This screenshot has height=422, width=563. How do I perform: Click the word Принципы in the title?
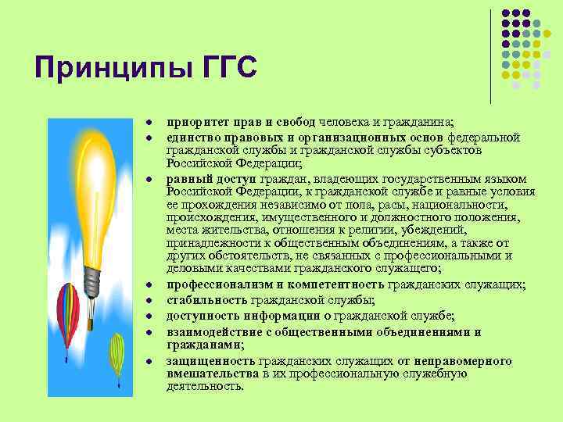click(x=104, y=67)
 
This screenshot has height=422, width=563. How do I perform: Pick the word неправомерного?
click(x=465, y=360)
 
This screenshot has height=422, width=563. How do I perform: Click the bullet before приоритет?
click(x=146, y=123)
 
